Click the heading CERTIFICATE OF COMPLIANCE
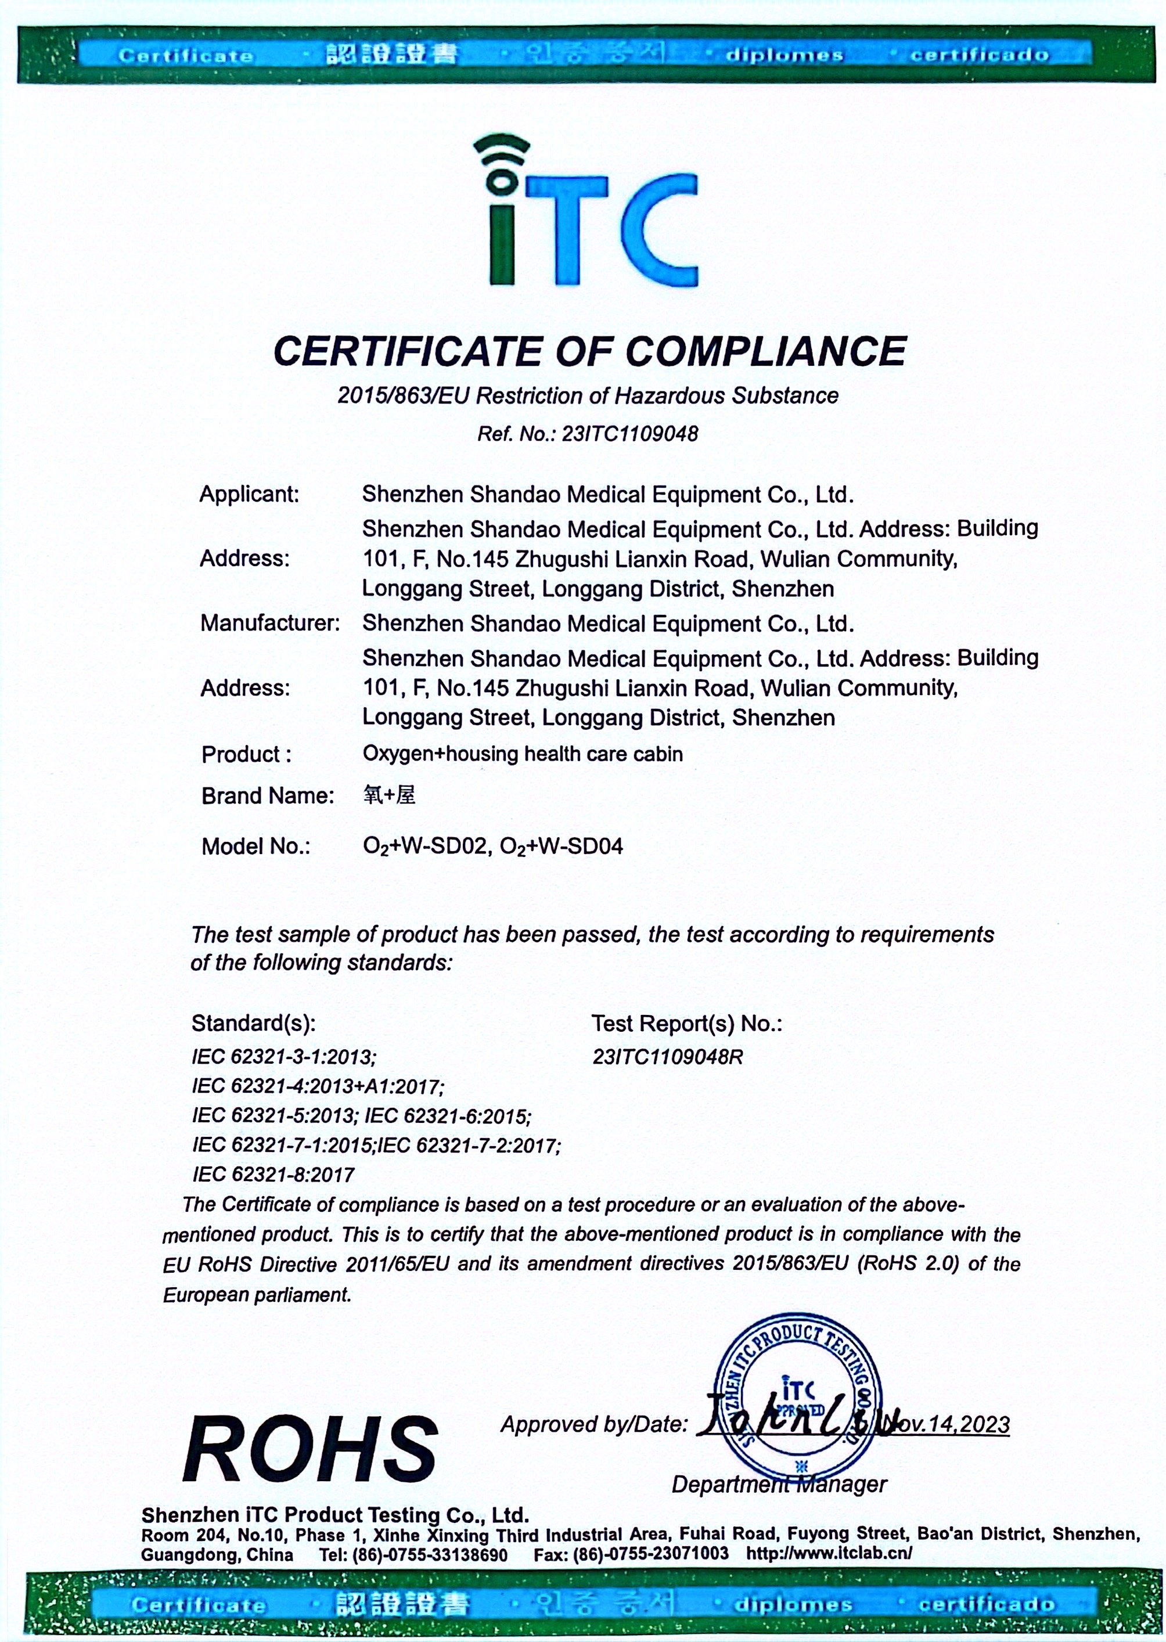(x=589, y=351)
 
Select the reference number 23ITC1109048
(x=631, y=434)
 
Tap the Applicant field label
(x=249, y=494)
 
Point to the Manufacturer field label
(x=269, y=622)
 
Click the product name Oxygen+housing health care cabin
(x=522, y=754)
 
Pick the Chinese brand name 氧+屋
(x=388, y=795)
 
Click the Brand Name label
(x=267, y=795)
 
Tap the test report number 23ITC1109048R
(x=667, y=1056)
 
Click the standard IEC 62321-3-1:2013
(x=283, y=1056)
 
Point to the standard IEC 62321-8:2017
(x=273, y=1175)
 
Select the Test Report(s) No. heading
(x=686, y=1023)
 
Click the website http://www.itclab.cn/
(x=829, y=1554)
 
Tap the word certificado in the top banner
(x=980, y=55)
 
